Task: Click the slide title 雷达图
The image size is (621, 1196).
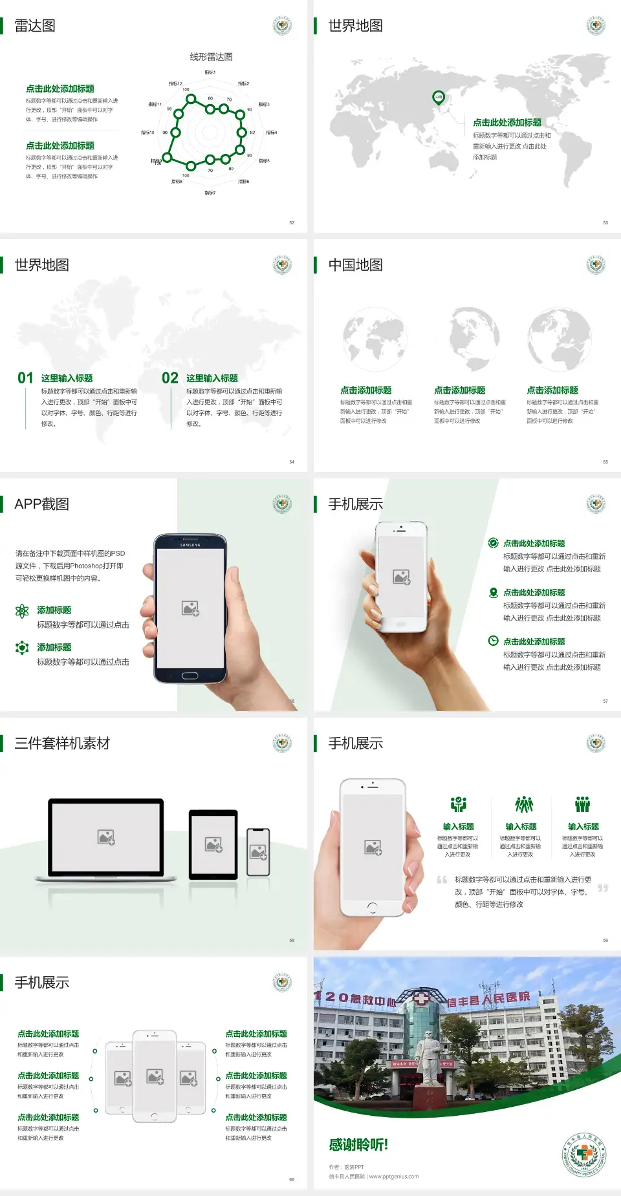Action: coord(35,26)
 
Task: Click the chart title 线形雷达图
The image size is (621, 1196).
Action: coord(211,57)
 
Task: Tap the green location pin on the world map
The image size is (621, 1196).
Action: coord(438,98)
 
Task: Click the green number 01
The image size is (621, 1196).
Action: coord(25,378)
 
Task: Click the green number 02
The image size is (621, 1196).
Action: coord(170,378)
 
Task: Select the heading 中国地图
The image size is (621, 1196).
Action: coord(355,265)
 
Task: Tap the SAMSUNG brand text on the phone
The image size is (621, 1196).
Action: coord(190,545)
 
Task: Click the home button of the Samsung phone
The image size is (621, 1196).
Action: coord(190,676)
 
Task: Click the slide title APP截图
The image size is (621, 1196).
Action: coord(41,504)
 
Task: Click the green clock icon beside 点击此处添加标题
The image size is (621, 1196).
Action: coord(493,641)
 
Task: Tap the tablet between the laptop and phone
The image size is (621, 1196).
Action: coord(213,844)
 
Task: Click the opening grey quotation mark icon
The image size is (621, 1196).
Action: coord(442,880)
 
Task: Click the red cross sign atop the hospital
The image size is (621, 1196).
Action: coord(421,999)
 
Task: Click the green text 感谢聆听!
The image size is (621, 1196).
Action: coord(358,1145)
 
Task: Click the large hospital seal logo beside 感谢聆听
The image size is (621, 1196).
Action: coord(584,1155)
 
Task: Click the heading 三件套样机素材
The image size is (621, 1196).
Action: coord(62,743)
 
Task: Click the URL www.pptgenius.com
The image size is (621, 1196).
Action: coord(394,1177)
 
